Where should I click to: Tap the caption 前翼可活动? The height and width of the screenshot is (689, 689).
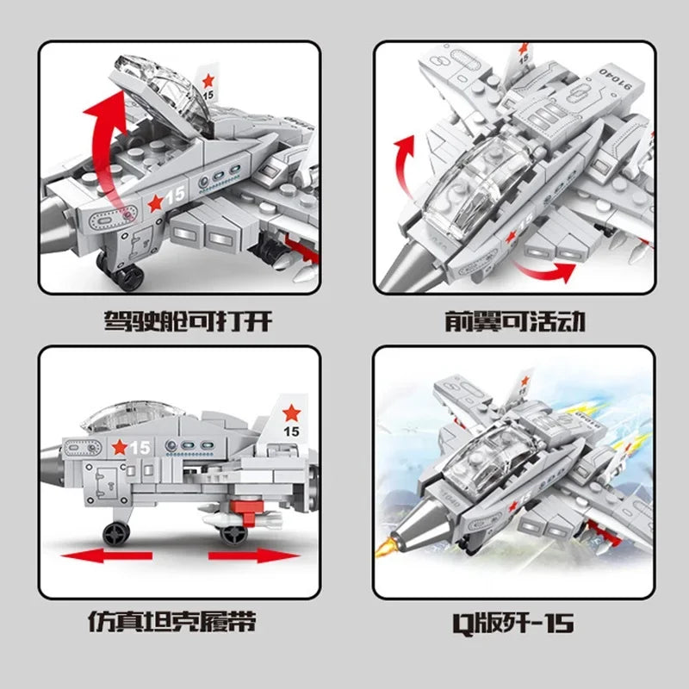tap(515, 321)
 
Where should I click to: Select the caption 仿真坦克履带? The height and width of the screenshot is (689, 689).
tap(172, 620)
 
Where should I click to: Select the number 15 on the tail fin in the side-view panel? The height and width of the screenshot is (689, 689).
tap(290, 431)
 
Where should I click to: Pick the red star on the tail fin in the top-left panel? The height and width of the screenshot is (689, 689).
tap(209, 82)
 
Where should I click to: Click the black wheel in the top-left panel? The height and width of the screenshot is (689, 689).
tap(129, 277)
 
